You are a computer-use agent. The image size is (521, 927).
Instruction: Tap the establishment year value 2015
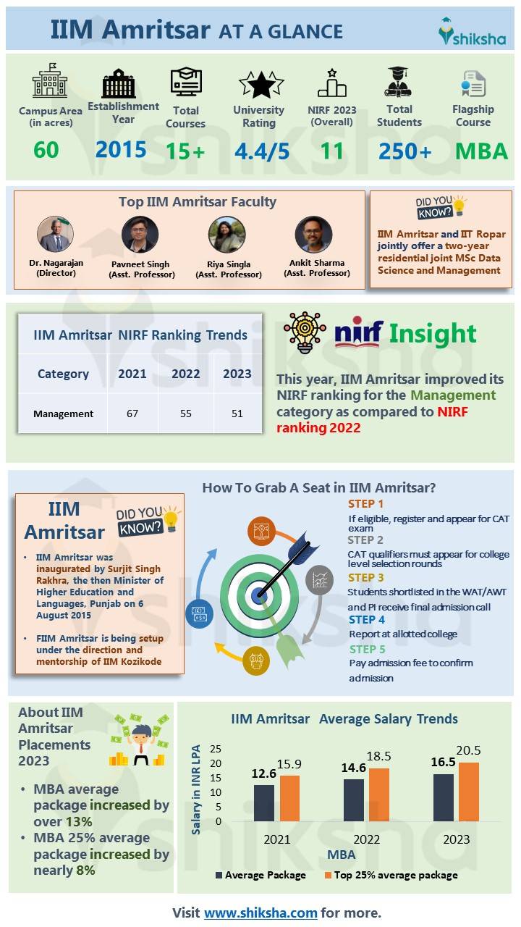click(121, 149)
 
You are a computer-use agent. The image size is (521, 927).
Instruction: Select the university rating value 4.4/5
click(262, 151)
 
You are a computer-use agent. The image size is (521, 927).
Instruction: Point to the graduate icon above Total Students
click(398, 82)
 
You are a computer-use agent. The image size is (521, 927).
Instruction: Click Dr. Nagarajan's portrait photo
click(56, 234)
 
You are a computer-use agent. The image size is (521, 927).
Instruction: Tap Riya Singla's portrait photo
click(227, 234)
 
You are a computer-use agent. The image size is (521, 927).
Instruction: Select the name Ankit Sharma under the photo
click(317, 263)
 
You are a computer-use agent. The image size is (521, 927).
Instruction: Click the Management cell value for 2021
click(132, 414)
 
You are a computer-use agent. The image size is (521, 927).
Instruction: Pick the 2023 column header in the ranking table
click(237, 374)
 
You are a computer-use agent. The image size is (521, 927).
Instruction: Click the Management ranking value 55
click(186, 414)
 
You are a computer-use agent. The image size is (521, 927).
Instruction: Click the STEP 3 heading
click(366, 577)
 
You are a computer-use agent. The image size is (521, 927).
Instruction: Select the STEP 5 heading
click(367, 649)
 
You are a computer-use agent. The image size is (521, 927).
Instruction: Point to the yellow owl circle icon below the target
click(256, 660)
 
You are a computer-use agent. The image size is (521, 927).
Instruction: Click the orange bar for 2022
click(378, 794)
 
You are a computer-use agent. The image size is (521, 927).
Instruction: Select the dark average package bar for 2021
click(264, 803)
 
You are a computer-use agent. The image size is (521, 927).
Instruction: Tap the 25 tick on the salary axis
click(216, 749)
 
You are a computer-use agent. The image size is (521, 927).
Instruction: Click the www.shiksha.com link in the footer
click(260, 913)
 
